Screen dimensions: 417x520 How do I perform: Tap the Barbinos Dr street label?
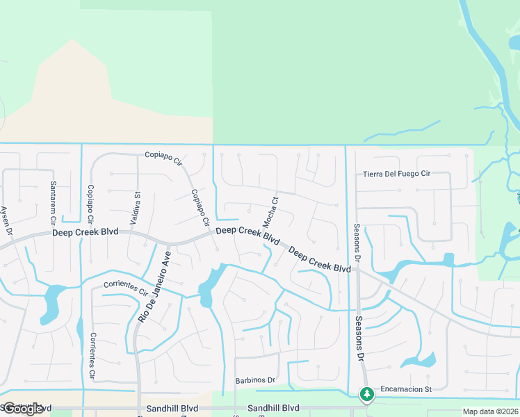(256, 381)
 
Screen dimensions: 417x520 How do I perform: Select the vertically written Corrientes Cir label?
(92, 356)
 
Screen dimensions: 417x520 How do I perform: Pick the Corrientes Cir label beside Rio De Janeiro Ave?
(125, 288)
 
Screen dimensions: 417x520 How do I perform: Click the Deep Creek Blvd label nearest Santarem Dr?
(85, 231)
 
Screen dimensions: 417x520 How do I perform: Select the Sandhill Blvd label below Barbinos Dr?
(273, 408)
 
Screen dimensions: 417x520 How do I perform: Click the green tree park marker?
(366, 394)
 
